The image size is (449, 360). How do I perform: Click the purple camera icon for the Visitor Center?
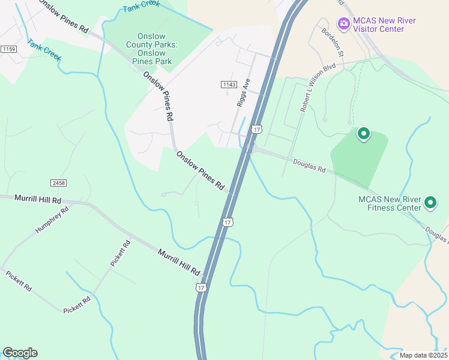pyautogui.click(x=343, y=24)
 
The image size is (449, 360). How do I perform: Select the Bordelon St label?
pyautogui.click(x=332, y=43)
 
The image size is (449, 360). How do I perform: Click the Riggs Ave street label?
pyautogui.click(x=243, y=93)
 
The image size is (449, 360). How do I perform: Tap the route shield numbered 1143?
pyautogui.click(x=228, y=85)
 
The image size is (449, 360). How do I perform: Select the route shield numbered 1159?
pyautogui.click(x=8, y=49)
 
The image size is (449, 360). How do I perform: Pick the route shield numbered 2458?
pyautogui.click(x=58, y=182)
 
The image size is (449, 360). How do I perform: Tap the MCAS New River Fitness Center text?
pyautogui.click(x=390, y=204)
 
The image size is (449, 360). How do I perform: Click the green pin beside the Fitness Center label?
pyautogui.click(x=430, y=203)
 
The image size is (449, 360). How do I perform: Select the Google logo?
pyautogui.click(x=20, y=353)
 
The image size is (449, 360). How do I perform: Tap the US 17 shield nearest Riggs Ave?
pyautogui.click(x=257, y=129)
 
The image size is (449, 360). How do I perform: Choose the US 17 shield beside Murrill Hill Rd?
pyautogui.click(x=200, y=288)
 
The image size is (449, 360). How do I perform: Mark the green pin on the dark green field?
pyautogui.click(x=363, y=134)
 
